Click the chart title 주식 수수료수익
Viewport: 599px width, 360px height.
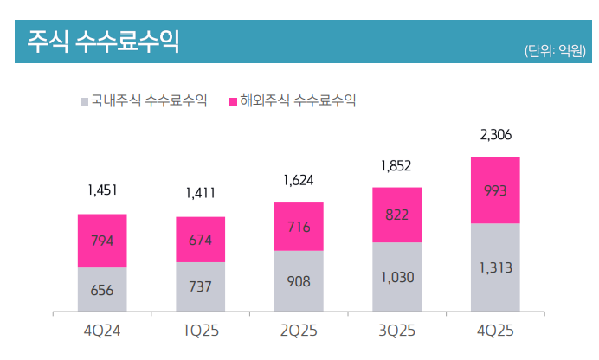[103, 41]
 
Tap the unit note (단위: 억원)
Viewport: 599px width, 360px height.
[555, 51]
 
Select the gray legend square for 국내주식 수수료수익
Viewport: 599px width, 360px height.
[84, 101]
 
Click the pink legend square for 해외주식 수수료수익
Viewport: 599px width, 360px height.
[233, 101]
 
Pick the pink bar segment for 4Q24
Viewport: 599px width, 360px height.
[102, 241]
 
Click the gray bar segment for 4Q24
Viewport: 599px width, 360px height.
[102, 289]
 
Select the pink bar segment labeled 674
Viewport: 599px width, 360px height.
[200, 240]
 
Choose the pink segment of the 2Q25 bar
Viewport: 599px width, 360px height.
[299, 227]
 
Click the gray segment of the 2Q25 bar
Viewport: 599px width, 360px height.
[299, 281]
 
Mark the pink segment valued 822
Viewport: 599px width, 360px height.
[397, 215]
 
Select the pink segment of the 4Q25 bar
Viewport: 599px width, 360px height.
[495, 190]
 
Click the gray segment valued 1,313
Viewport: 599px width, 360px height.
[495, 267]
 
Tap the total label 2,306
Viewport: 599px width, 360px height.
[495, 135]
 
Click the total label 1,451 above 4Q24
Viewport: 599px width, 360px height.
[102, 190]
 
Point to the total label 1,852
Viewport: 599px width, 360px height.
[397, 165]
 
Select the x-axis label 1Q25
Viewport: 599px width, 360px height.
[200, 331]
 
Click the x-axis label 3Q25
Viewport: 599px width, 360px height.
[397, 331]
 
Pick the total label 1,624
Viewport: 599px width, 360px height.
[299, 181]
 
